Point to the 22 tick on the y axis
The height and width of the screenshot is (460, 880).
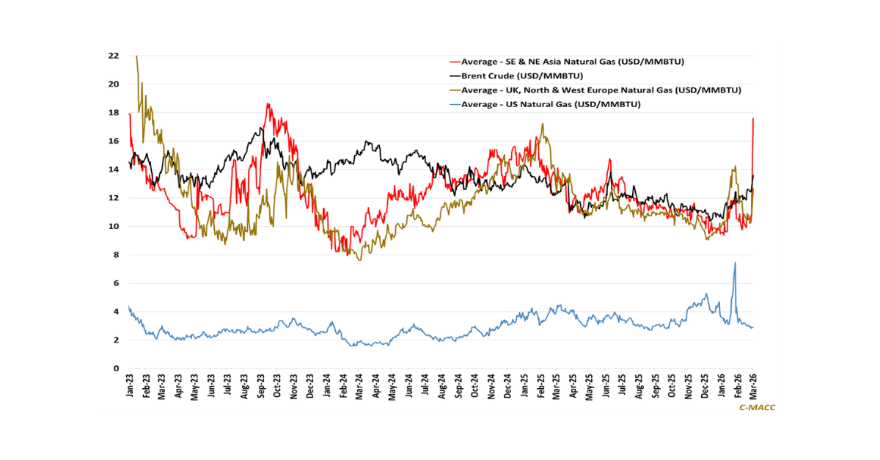[113, 56]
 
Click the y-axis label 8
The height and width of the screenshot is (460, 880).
[116, 255]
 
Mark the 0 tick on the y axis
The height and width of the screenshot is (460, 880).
[116, 369]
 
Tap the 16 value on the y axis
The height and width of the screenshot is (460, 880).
[113, 141]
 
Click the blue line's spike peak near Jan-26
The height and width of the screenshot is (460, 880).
[735, 263]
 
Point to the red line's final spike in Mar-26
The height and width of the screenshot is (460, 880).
[753, 119]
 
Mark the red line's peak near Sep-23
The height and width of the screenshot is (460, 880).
[268, 103]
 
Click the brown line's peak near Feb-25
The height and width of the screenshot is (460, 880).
[542, 124]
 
